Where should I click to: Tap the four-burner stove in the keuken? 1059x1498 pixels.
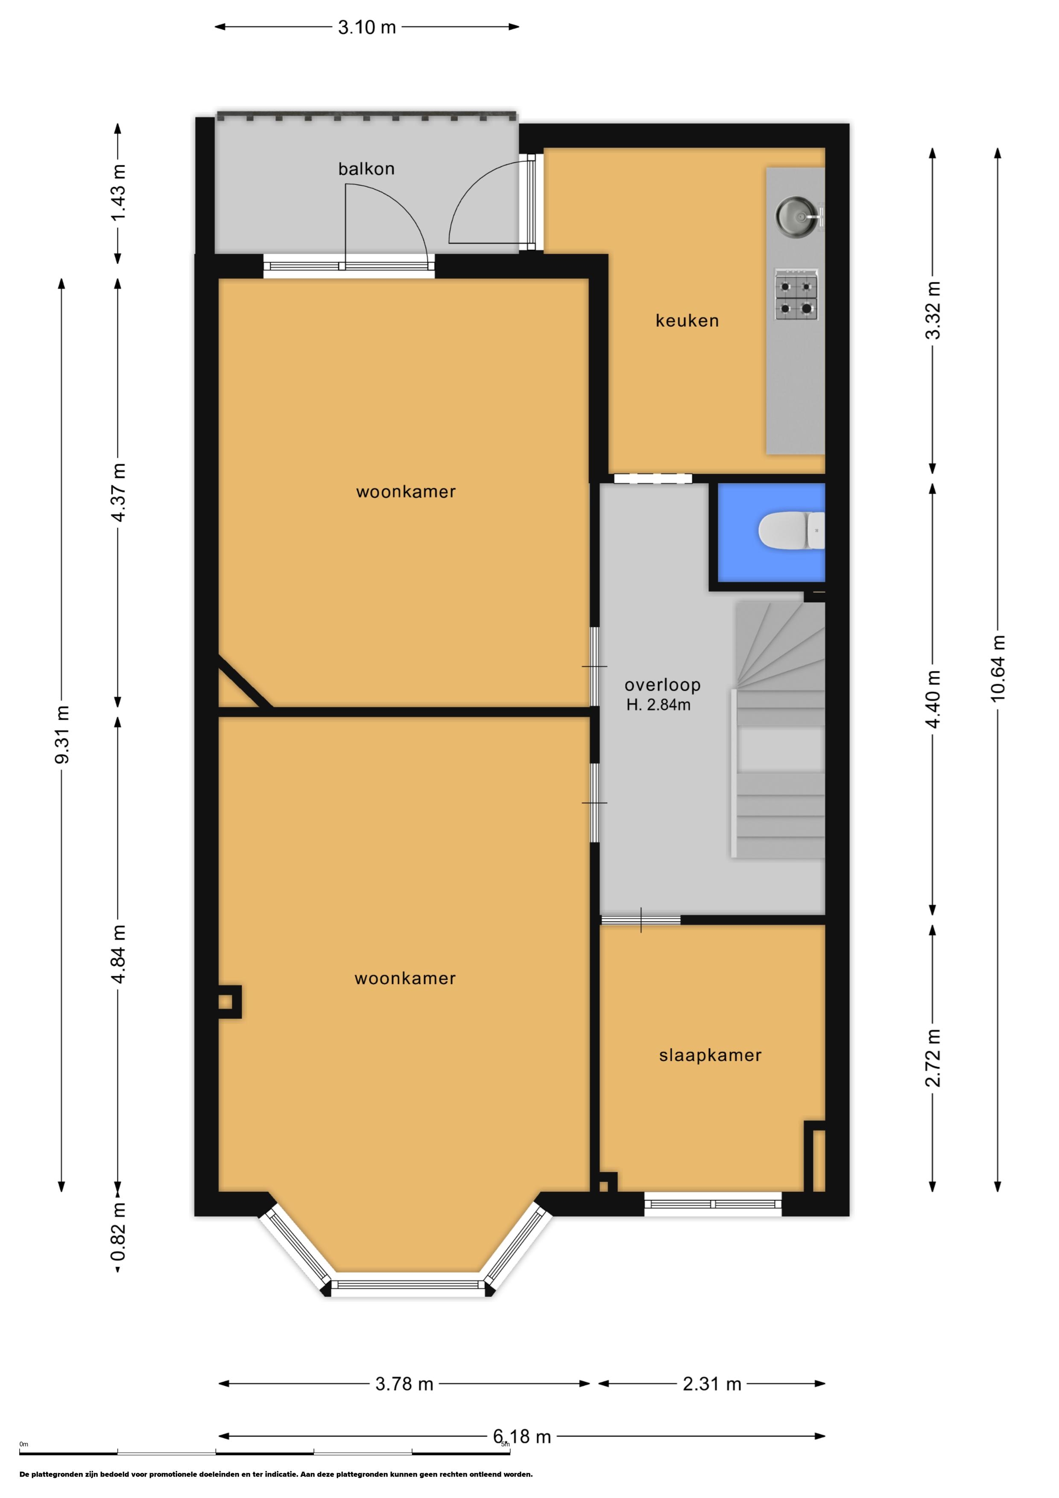tap(796, 295)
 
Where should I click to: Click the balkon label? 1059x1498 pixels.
tap(366, 169)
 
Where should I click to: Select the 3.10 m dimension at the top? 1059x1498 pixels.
tap(367, 27)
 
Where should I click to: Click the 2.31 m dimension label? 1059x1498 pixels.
tap(712, 1384)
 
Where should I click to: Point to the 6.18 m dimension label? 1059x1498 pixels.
tap(522, 1436)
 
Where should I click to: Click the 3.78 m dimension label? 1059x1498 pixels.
tap(404, 1384)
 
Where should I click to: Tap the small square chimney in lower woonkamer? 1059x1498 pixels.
tap(228, 1001)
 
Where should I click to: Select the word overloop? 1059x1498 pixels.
tap(662, 685)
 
